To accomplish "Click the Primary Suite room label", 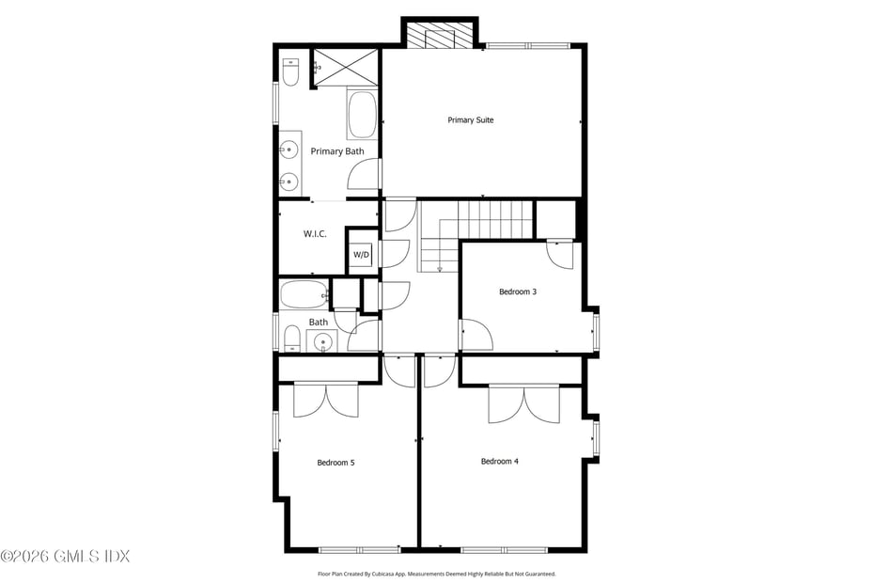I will (470, 120).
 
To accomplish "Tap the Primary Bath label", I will (336, 151).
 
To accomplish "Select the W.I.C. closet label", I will (315, 234).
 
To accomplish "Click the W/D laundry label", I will (362, 255).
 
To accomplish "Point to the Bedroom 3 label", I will (517, 291).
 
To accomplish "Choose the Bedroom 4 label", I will (500, 461).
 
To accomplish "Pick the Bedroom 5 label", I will (336, 463).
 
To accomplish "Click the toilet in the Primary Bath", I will (291, 71).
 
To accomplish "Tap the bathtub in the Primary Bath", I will (362, 116).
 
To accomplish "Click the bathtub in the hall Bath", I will (304, 294).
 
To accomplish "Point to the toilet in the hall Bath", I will (291, 339).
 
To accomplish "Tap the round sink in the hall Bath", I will (322, 342).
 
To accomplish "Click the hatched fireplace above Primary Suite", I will (440, 36).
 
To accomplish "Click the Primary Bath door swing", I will (365, 175).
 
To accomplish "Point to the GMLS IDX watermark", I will (65, 556).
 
